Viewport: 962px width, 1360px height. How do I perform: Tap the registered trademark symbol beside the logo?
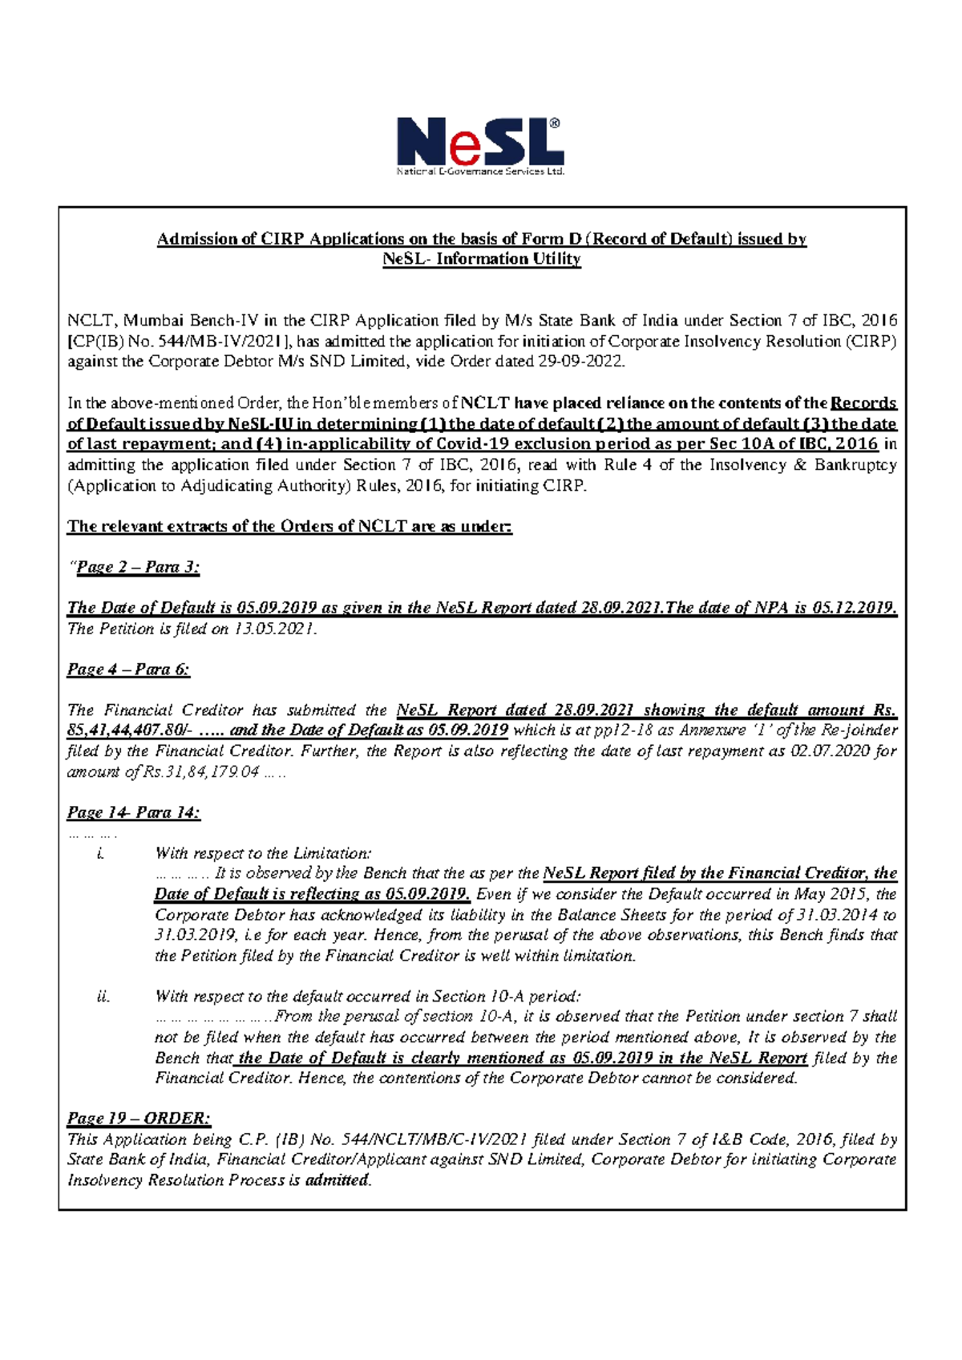coord(554,124)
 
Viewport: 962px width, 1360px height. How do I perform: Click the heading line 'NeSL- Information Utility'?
coord(481,259)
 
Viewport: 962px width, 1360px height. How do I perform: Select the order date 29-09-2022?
coord(580,362)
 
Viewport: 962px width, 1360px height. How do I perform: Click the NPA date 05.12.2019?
coord(854,608)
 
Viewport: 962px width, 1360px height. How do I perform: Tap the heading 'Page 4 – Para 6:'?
coord(128,670)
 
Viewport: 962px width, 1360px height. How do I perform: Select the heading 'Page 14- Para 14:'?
coord(133,812)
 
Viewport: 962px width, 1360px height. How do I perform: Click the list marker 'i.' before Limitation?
coord(100,854)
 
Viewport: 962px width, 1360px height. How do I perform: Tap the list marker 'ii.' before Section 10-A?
coord(103,997)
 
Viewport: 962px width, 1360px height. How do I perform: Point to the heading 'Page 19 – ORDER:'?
coord(139,1119)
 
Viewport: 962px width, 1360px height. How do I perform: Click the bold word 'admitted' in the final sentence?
coord(337,1180)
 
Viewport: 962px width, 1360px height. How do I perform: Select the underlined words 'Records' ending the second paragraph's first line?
coord(863,403)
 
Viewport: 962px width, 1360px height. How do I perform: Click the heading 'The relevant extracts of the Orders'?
coord(289,527)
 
